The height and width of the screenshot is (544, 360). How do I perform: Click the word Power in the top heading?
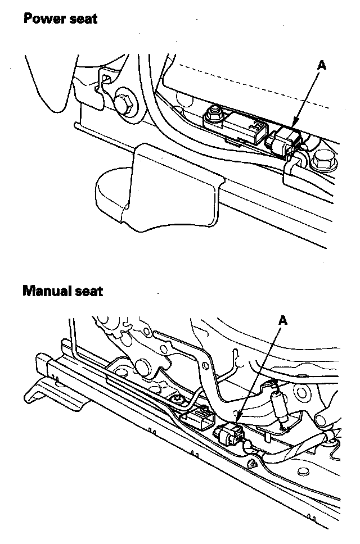(x=43, y=19)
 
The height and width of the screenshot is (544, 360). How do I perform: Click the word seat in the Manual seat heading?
(x=89, y=291)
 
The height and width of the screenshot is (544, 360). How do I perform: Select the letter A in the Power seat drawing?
(x=322, y=65)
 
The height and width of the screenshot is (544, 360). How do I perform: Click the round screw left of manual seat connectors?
(x=177, y=400)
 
